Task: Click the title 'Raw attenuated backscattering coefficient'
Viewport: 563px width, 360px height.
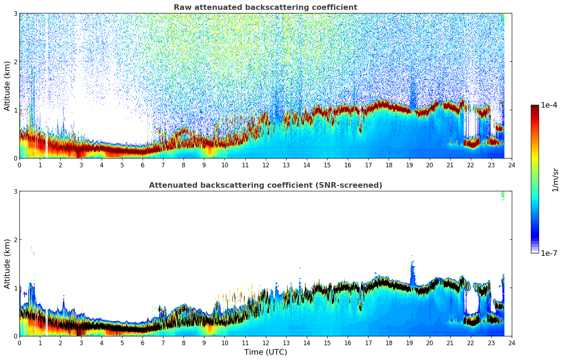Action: [265, 7]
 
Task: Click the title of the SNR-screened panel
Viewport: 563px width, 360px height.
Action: [265, 185]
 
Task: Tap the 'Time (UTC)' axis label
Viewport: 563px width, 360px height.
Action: [265, 352]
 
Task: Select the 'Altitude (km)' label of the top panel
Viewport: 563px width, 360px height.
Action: [7, 86]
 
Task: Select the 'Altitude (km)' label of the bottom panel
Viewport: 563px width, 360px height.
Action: [7, 264]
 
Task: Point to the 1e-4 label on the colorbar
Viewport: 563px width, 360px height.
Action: [549, 105]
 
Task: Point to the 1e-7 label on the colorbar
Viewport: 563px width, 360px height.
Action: [549, 253]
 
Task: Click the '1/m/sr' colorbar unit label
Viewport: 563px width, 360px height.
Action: [555, 180]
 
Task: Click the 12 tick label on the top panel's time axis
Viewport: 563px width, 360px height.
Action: [265, 165]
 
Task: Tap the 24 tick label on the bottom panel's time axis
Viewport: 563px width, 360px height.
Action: [511, 343]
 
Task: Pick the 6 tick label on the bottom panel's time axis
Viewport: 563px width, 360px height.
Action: [143, 343]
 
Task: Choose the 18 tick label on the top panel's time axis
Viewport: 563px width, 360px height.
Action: [389, 165]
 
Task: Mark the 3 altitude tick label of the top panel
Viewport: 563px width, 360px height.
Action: [16, 13]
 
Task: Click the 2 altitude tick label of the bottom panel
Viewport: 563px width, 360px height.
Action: [16, 240]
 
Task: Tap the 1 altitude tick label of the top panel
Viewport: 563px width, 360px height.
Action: [16, 110]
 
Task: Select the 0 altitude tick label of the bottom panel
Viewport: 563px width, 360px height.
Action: [16, 336]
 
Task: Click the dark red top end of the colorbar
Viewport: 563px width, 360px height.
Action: [534, 107]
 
